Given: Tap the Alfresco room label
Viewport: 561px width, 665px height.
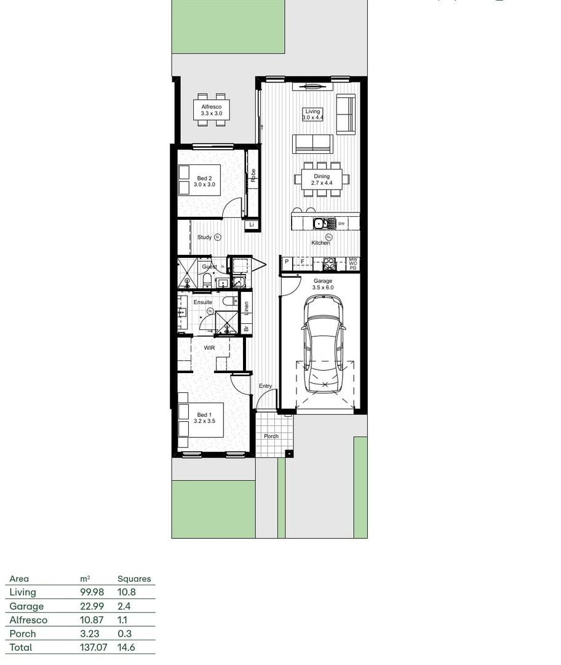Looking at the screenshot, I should tap(211, 110).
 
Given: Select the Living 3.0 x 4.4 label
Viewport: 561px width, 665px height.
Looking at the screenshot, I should tap(312, 115).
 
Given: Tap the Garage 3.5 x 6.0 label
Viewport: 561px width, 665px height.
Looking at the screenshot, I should tap(322, 284).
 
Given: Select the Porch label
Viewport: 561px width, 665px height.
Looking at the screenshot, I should tap(271, 436).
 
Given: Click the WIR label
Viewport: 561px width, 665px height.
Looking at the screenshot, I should tap(210, 348).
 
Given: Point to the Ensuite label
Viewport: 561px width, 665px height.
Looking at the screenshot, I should tap(202, 302).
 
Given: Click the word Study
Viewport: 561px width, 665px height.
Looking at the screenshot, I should tap(204, 237).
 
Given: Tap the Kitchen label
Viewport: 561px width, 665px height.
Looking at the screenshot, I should tap(320, 243).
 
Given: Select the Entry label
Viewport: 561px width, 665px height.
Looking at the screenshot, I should tap(265, 386).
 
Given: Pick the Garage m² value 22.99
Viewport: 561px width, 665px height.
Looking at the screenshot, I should tap(92, 606).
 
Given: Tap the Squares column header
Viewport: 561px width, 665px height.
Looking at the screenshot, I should tap(134, 579).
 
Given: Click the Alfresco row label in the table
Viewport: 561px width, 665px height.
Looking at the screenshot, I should tap(28, 620).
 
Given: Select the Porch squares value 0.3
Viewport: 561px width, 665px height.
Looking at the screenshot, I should tap(124, 634).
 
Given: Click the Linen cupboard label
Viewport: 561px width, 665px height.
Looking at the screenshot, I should tap(245, 304).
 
